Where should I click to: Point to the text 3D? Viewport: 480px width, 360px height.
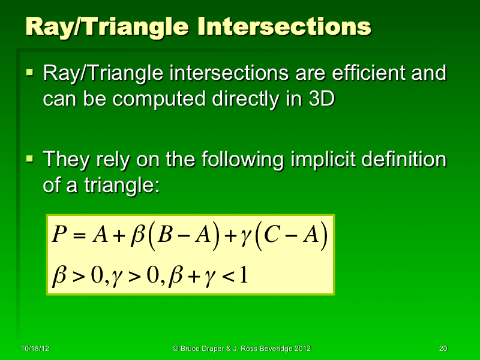click(317, 99)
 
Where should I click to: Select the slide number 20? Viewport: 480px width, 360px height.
click(443, 349)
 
